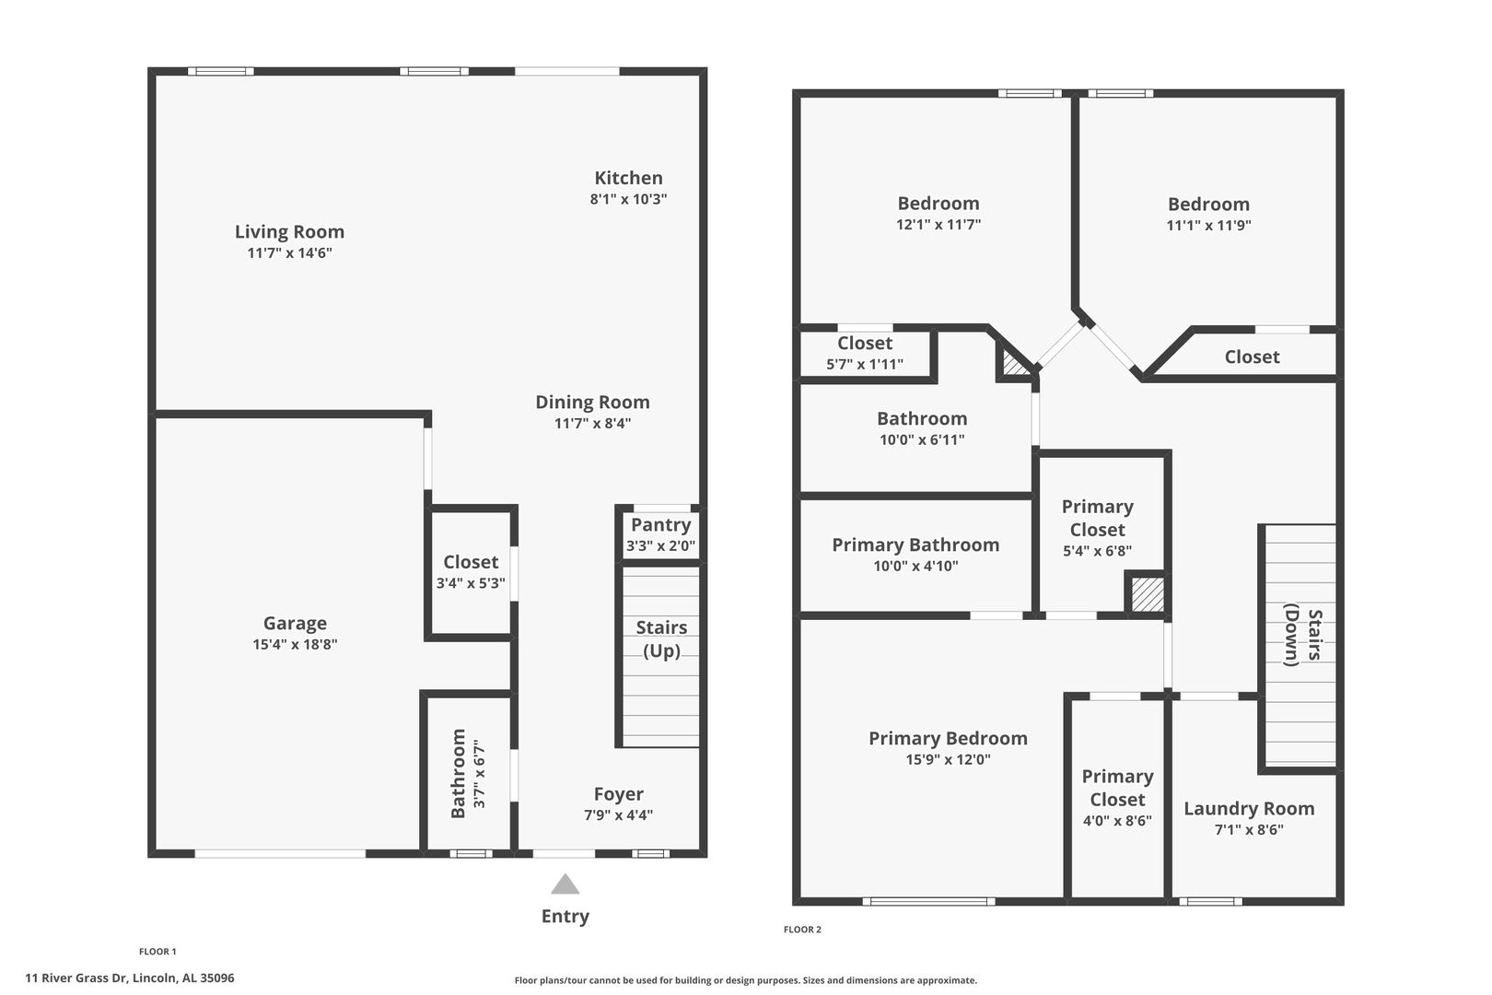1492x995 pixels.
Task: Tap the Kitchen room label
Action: [628, 178]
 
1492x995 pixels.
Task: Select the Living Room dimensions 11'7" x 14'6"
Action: [290, 252]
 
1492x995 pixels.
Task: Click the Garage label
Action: [295, 623]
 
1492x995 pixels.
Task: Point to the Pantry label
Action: [660, 525]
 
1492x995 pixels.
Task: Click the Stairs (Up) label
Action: [661, 638]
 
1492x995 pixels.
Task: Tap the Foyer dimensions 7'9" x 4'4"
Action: [618, 814]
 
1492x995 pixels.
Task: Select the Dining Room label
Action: [593, 402]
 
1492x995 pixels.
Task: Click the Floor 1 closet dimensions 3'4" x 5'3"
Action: [471, 583]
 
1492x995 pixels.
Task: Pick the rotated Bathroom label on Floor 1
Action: [459, 773]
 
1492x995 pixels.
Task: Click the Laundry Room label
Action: [1249, 808]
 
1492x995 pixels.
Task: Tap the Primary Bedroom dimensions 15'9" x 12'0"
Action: [948, 759]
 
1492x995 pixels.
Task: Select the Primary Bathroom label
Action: [915, 545]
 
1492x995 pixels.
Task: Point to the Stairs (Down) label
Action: [1302, 635]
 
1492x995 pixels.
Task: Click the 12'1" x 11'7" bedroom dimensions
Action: [938, 224]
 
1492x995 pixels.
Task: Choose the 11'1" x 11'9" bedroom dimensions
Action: [1208, 225]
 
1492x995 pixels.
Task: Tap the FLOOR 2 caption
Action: [802, 930]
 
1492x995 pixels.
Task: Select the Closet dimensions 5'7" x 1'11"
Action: [865, 364]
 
